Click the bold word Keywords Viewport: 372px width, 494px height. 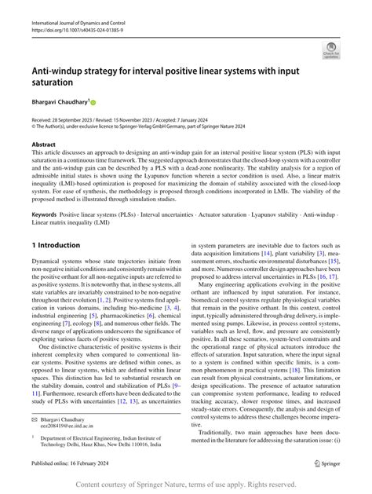pos(44,213)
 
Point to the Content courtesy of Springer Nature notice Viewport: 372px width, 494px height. pos(186,484)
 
